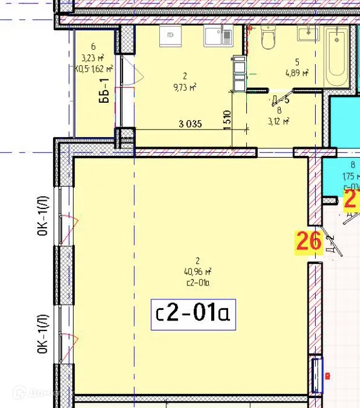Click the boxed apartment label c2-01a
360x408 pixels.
coord(193,315)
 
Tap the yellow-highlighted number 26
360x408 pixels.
coord(309,241)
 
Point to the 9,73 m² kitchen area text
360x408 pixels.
coord(184,86)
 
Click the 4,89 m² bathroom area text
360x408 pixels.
coord(296,73)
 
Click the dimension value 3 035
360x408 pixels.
coord(190,123)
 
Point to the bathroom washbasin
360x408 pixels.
coord(305,33)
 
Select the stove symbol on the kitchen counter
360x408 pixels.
coord(170,36)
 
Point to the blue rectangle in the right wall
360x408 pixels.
coord(317,374)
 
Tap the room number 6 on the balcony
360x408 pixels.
coord(93,47)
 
